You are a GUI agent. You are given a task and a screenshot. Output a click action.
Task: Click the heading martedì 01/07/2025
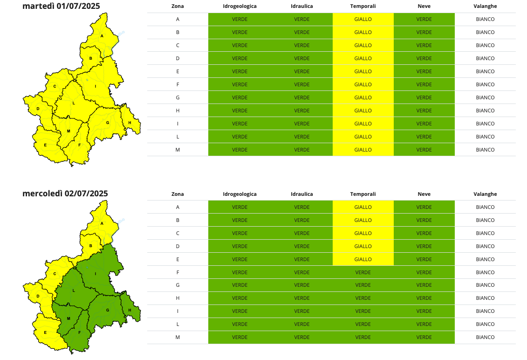pyautogui.click(x=61, y=6)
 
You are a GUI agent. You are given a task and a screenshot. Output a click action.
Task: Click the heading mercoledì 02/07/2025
pyautogui.click(x=65, y=194)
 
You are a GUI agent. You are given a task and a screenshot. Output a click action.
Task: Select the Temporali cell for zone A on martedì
pyautogui.click(x=363, y=19)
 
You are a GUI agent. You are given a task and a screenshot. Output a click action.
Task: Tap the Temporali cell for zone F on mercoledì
pyautogui.click(x=363, y=272)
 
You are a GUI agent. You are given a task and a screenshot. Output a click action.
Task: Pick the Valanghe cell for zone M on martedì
pyautogui.click(x=485, y=150)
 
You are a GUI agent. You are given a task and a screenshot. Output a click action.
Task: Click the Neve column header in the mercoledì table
pyautogui.click(x=424, y=194)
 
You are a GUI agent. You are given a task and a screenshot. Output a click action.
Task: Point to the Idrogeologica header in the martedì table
pyautogui.click(x=240, y=6)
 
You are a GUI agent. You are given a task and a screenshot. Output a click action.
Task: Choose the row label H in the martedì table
pyautogui.click(x=178, y=111)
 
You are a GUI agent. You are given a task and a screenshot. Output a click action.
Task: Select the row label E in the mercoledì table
pyautogui.click(x=178, y=259)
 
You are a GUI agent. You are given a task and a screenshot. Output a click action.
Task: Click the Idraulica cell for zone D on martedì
pyautogui.click(x=301, y=58)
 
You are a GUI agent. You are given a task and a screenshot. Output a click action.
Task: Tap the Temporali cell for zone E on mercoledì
pyautogui.click(x=363, y=259)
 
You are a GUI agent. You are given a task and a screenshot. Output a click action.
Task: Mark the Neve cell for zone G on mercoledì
pyautogui.click(x=424, y=285)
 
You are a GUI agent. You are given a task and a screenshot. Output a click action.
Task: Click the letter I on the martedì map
pyautogui.click(x=96, y=86)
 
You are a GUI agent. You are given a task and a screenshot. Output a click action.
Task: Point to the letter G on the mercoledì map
pyautogui.click(x=108, y=310)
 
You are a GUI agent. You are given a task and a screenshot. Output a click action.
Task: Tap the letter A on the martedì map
pyautogui.click(x=102, y=36)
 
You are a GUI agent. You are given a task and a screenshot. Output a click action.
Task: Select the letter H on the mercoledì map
pyautogui.click(x=130, y=310)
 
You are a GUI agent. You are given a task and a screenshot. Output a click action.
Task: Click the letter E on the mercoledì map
pyautogui.click(x=45, y=332)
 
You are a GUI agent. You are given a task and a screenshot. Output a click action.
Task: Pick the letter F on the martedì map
pyautogui.click(x=80, y=145)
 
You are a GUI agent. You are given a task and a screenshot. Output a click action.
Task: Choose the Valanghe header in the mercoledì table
pyautogui.click(x=485, y=194)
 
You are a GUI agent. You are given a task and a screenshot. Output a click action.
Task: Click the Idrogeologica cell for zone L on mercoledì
pyautogui.click(x=240, y=324)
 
